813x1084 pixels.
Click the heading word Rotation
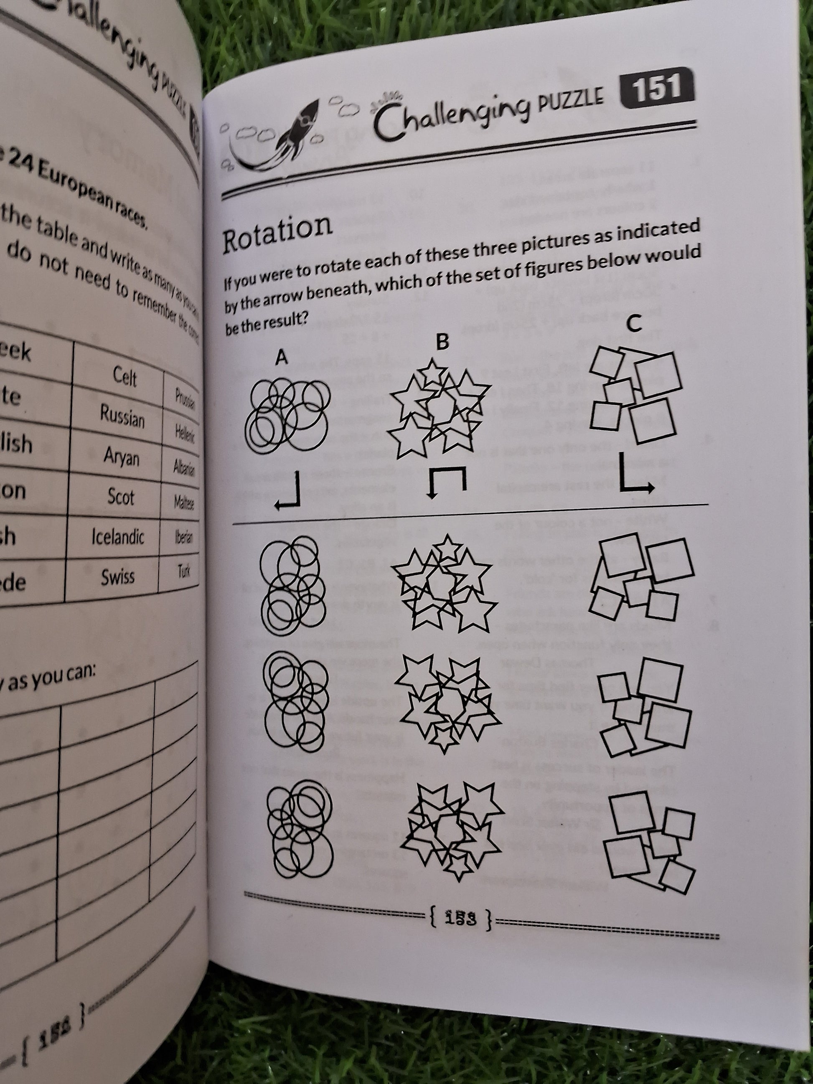coord(277,233)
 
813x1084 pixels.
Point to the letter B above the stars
coord(442,342)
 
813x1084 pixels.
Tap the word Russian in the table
coord(122,417)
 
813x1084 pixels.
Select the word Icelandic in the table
coord(118,537)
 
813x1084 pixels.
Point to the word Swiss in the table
coord(118,577)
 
